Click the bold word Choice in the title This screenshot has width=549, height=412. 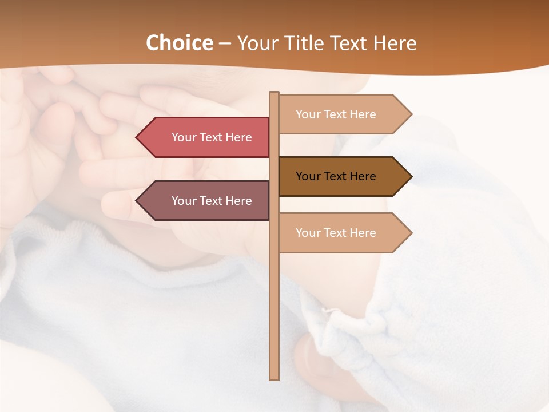click(179, 43)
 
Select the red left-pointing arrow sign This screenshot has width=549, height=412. click(206, 137)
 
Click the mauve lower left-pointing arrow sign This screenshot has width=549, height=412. click(206, 201)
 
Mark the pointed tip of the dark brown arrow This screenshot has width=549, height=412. click(411, 176)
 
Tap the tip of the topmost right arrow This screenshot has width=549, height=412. click(411, 114)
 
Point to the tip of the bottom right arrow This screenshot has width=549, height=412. click(411, 233)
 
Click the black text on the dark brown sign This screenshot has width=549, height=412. click(336, 176)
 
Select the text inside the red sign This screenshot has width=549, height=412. click(212, 137)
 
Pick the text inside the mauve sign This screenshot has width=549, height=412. click(212, 201)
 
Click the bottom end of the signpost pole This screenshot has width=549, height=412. click(274, 378)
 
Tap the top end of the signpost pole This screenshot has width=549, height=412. click(274, 94)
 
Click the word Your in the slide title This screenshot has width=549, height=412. click(254, 43)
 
